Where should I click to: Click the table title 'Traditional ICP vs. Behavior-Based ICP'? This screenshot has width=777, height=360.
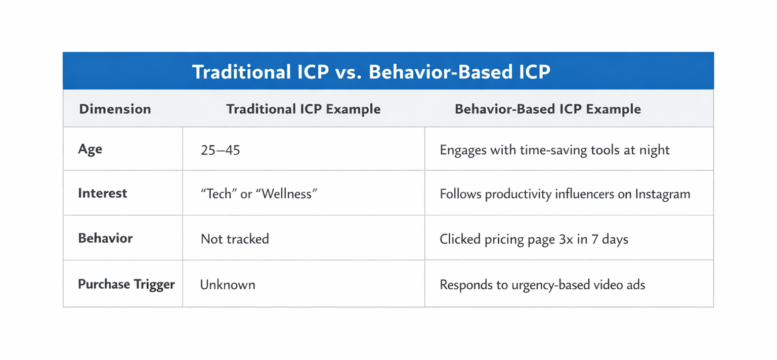371,72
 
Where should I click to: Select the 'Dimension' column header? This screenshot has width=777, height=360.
115,109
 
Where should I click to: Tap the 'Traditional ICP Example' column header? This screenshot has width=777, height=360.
303,109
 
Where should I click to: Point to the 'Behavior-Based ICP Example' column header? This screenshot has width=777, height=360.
548,109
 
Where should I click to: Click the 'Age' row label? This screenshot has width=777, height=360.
90,149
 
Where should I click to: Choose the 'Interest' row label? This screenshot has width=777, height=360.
103,193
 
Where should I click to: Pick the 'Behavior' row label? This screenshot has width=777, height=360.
105,238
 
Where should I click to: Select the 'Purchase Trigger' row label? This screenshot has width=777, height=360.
126,284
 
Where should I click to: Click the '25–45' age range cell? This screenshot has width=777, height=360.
220,150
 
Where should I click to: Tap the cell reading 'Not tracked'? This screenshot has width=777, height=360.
235,239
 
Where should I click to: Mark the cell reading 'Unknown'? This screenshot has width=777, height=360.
228,285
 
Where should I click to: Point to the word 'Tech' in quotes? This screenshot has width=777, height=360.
219,194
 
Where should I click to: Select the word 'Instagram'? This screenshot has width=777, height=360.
662,194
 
